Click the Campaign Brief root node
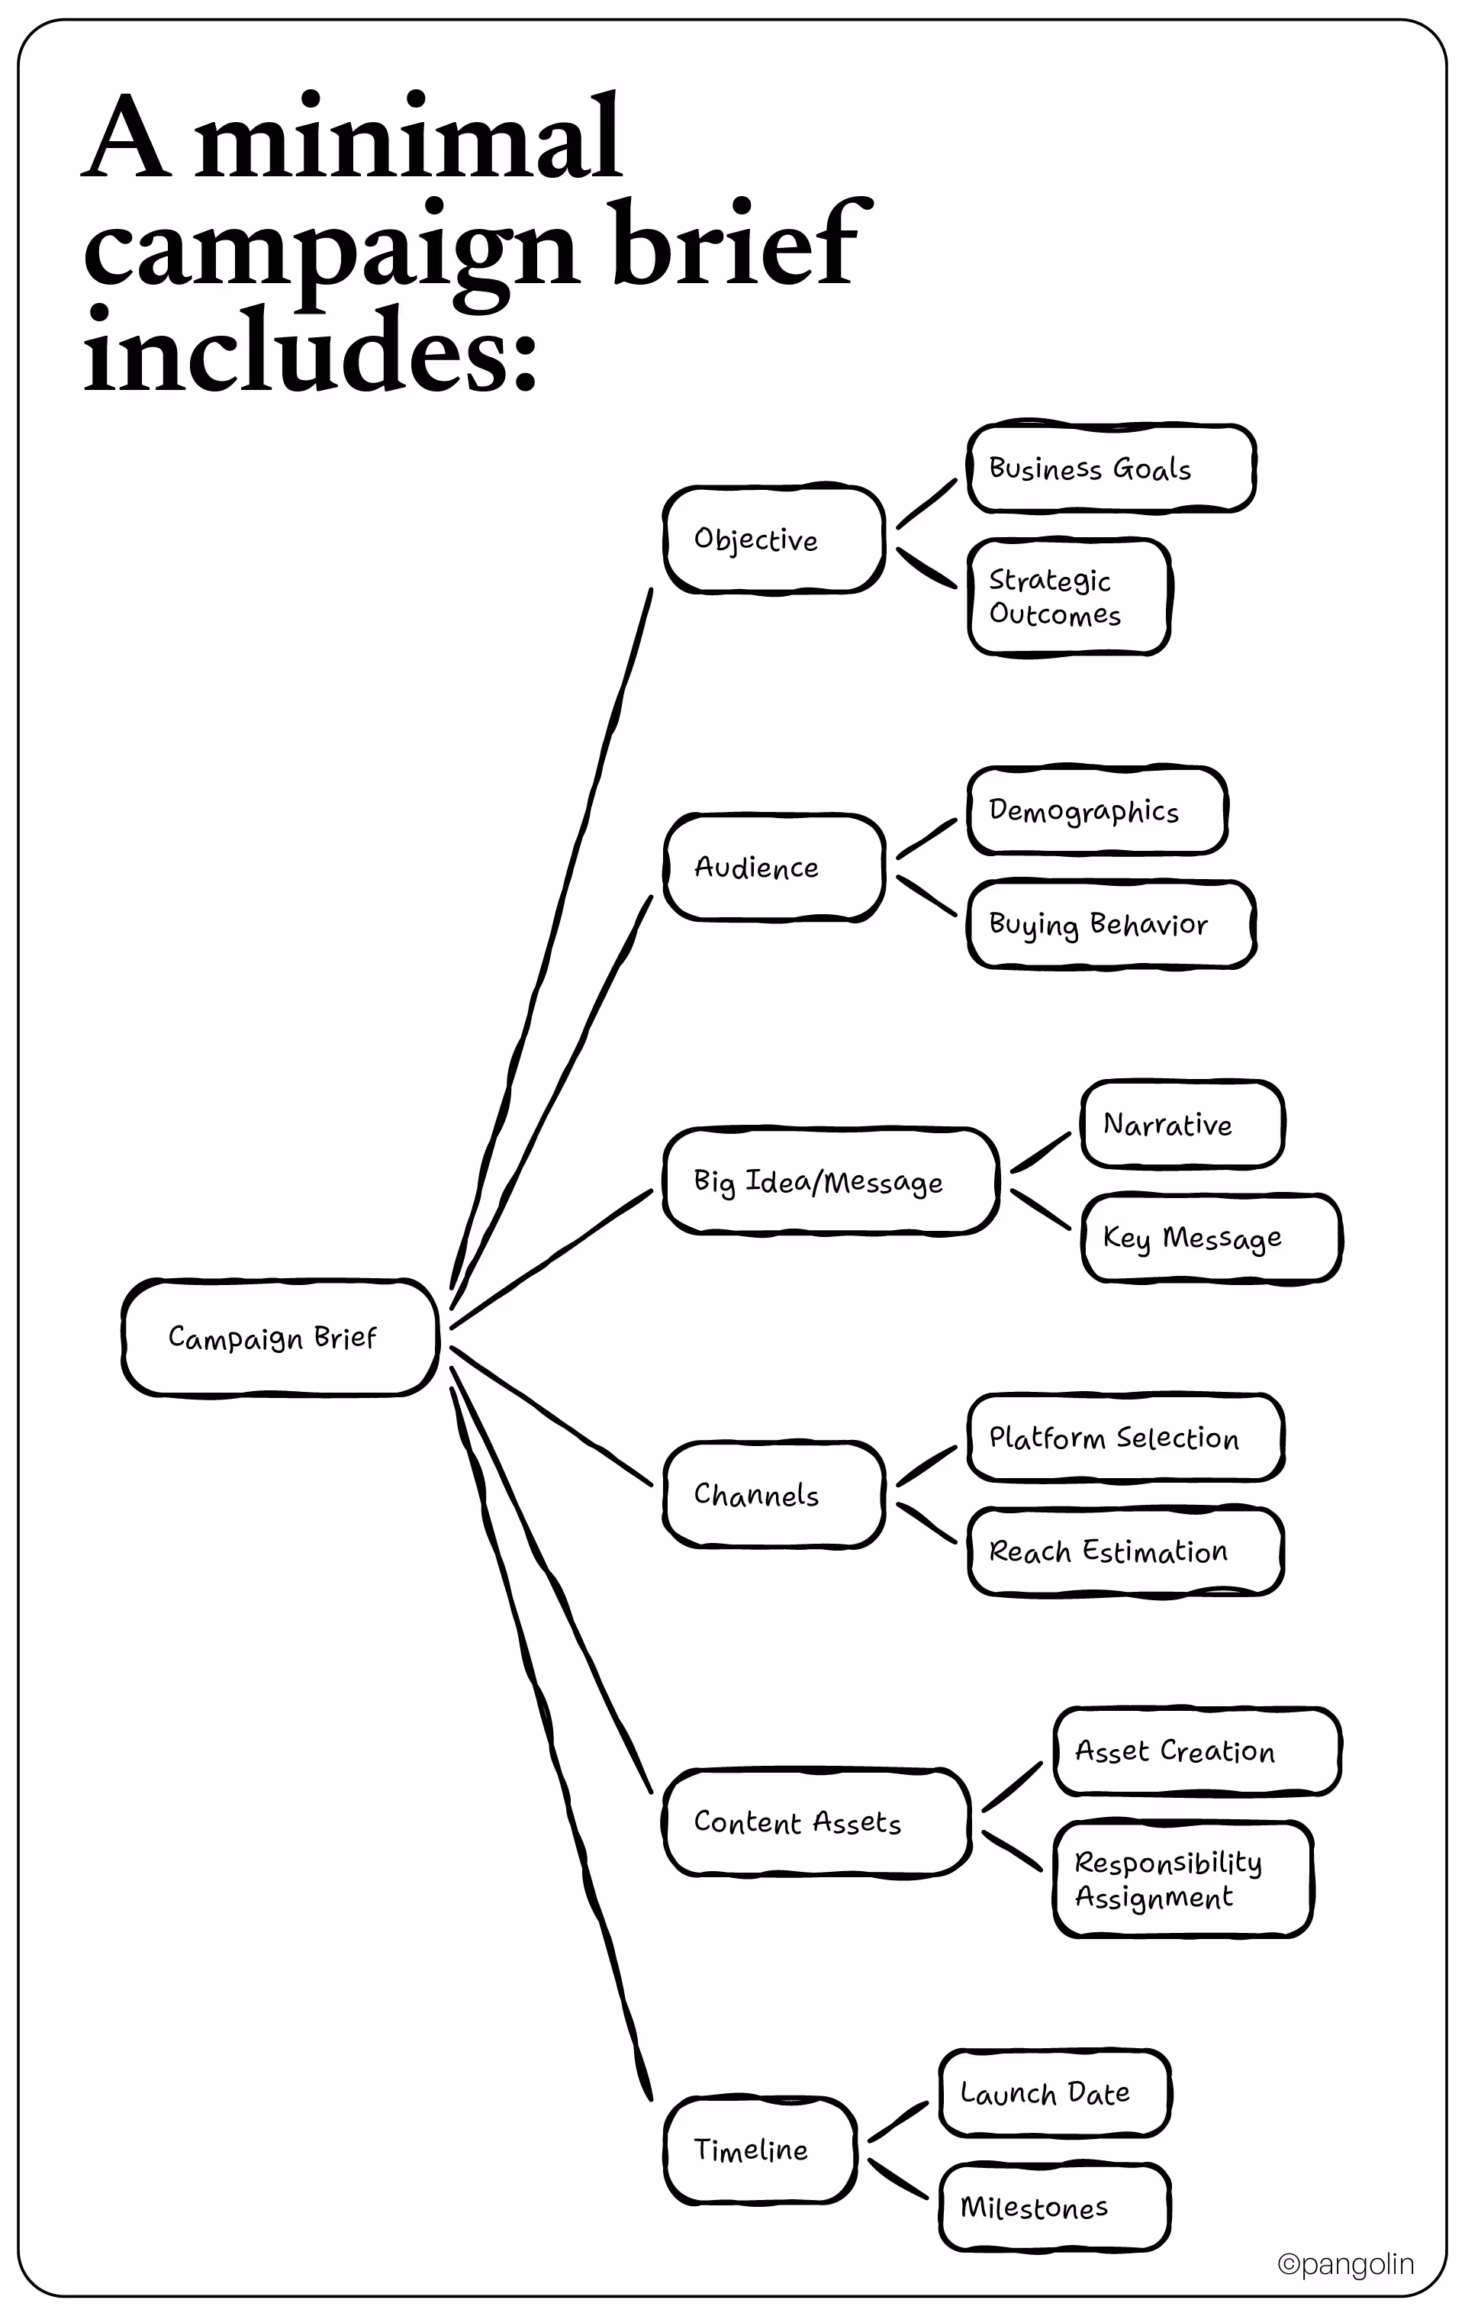pyautogui.click(x=280, y=1337)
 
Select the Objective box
pyautogui.click(x=774, y=540)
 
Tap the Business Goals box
pyautogui.click(x=1110, y=469)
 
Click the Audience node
pyautogui.click(x=774, y=868)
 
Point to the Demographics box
pyautogui.click(x=1096, y=811)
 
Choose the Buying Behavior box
pyautogui.click(x=1111, y=924)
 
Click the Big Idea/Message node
pyautogui.click(x=830, y=1181)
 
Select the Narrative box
pyautogui.click(x=1181, y=1124)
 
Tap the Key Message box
pyautogui.click(x=1210, y=1238)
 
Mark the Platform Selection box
pyautogui.click(x=1125, y=1438)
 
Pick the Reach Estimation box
pyautogui.click(x=1125, y=1551)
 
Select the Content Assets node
pyautogui.click(x=816, y=1822)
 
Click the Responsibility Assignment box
pyautogui.click(x=1181, y=1880)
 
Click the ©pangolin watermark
pyautogui.click(x=1344, y=2264)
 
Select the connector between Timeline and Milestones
pyautogui.click(x=897, y=2179)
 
